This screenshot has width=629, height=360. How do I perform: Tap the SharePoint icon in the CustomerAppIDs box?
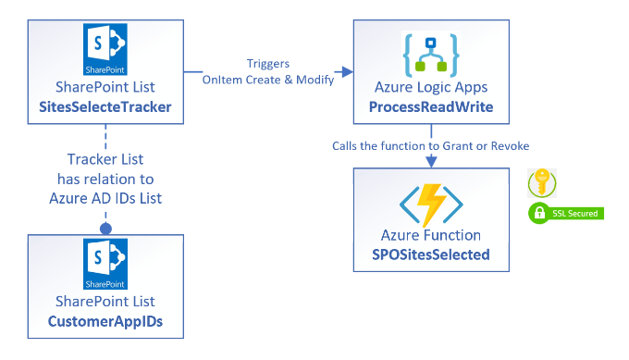click(105, 265)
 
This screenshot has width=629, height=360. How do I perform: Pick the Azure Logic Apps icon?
click(431, 55)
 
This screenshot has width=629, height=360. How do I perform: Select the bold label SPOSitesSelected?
click(432, 254)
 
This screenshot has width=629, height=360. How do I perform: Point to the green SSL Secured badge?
click(564, 214)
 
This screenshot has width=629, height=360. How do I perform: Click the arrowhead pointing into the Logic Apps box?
click(347, 71)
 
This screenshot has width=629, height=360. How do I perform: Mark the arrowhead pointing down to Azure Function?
click(432, 162)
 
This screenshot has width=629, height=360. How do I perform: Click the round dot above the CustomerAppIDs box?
click(105, 228)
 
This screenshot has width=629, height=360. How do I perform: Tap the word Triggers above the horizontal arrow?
click(268, 64)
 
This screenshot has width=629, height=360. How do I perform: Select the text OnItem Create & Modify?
click(268, 81)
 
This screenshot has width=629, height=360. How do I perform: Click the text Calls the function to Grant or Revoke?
click(432, 147)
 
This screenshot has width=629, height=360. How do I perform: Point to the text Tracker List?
click(105, 160)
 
